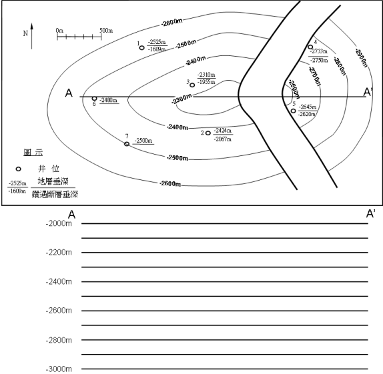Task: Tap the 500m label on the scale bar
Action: pos(105,31)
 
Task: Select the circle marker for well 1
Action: pos(141,47)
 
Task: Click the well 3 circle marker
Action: pos(192,85)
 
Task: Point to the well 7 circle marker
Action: pos(127,143)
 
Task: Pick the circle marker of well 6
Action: pos(94,99)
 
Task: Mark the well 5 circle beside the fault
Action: pos(293,111)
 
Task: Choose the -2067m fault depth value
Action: pos(222,139)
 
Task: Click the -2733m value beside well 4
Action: pos(320,51)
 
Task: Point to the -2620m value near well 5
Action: pos(308,114)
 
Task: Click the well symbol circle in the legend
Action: pos(18,169)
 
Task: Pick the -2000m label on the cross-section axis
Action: pos(58,223)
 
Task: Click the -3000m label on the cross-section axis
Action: pos(58,369)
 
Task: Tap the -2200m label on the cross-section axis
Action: pos(58,253)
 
